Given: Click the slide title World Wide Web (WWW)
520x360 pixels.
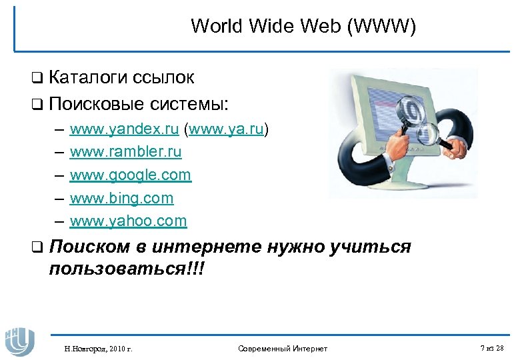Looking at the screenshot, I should click(303, 27).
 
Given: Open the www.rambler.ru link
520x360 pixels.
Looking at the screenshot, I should click(125, 152).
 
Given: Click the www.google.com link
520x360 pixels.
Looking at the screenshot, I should click(130, 175).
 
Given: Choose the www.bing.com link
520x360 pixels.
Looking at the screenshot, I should click(121, 198).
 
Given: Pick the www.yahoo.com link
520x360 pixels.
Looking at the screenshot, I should click(128, 221).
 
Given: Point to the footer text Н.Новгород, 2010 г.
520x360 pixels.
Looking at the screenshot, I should click(98, 349).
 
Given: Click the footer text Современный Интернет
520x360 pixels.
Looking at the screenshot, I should click(282, 349).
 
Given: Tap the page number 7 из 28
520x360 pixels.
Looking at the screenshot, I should click(491, 349).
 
